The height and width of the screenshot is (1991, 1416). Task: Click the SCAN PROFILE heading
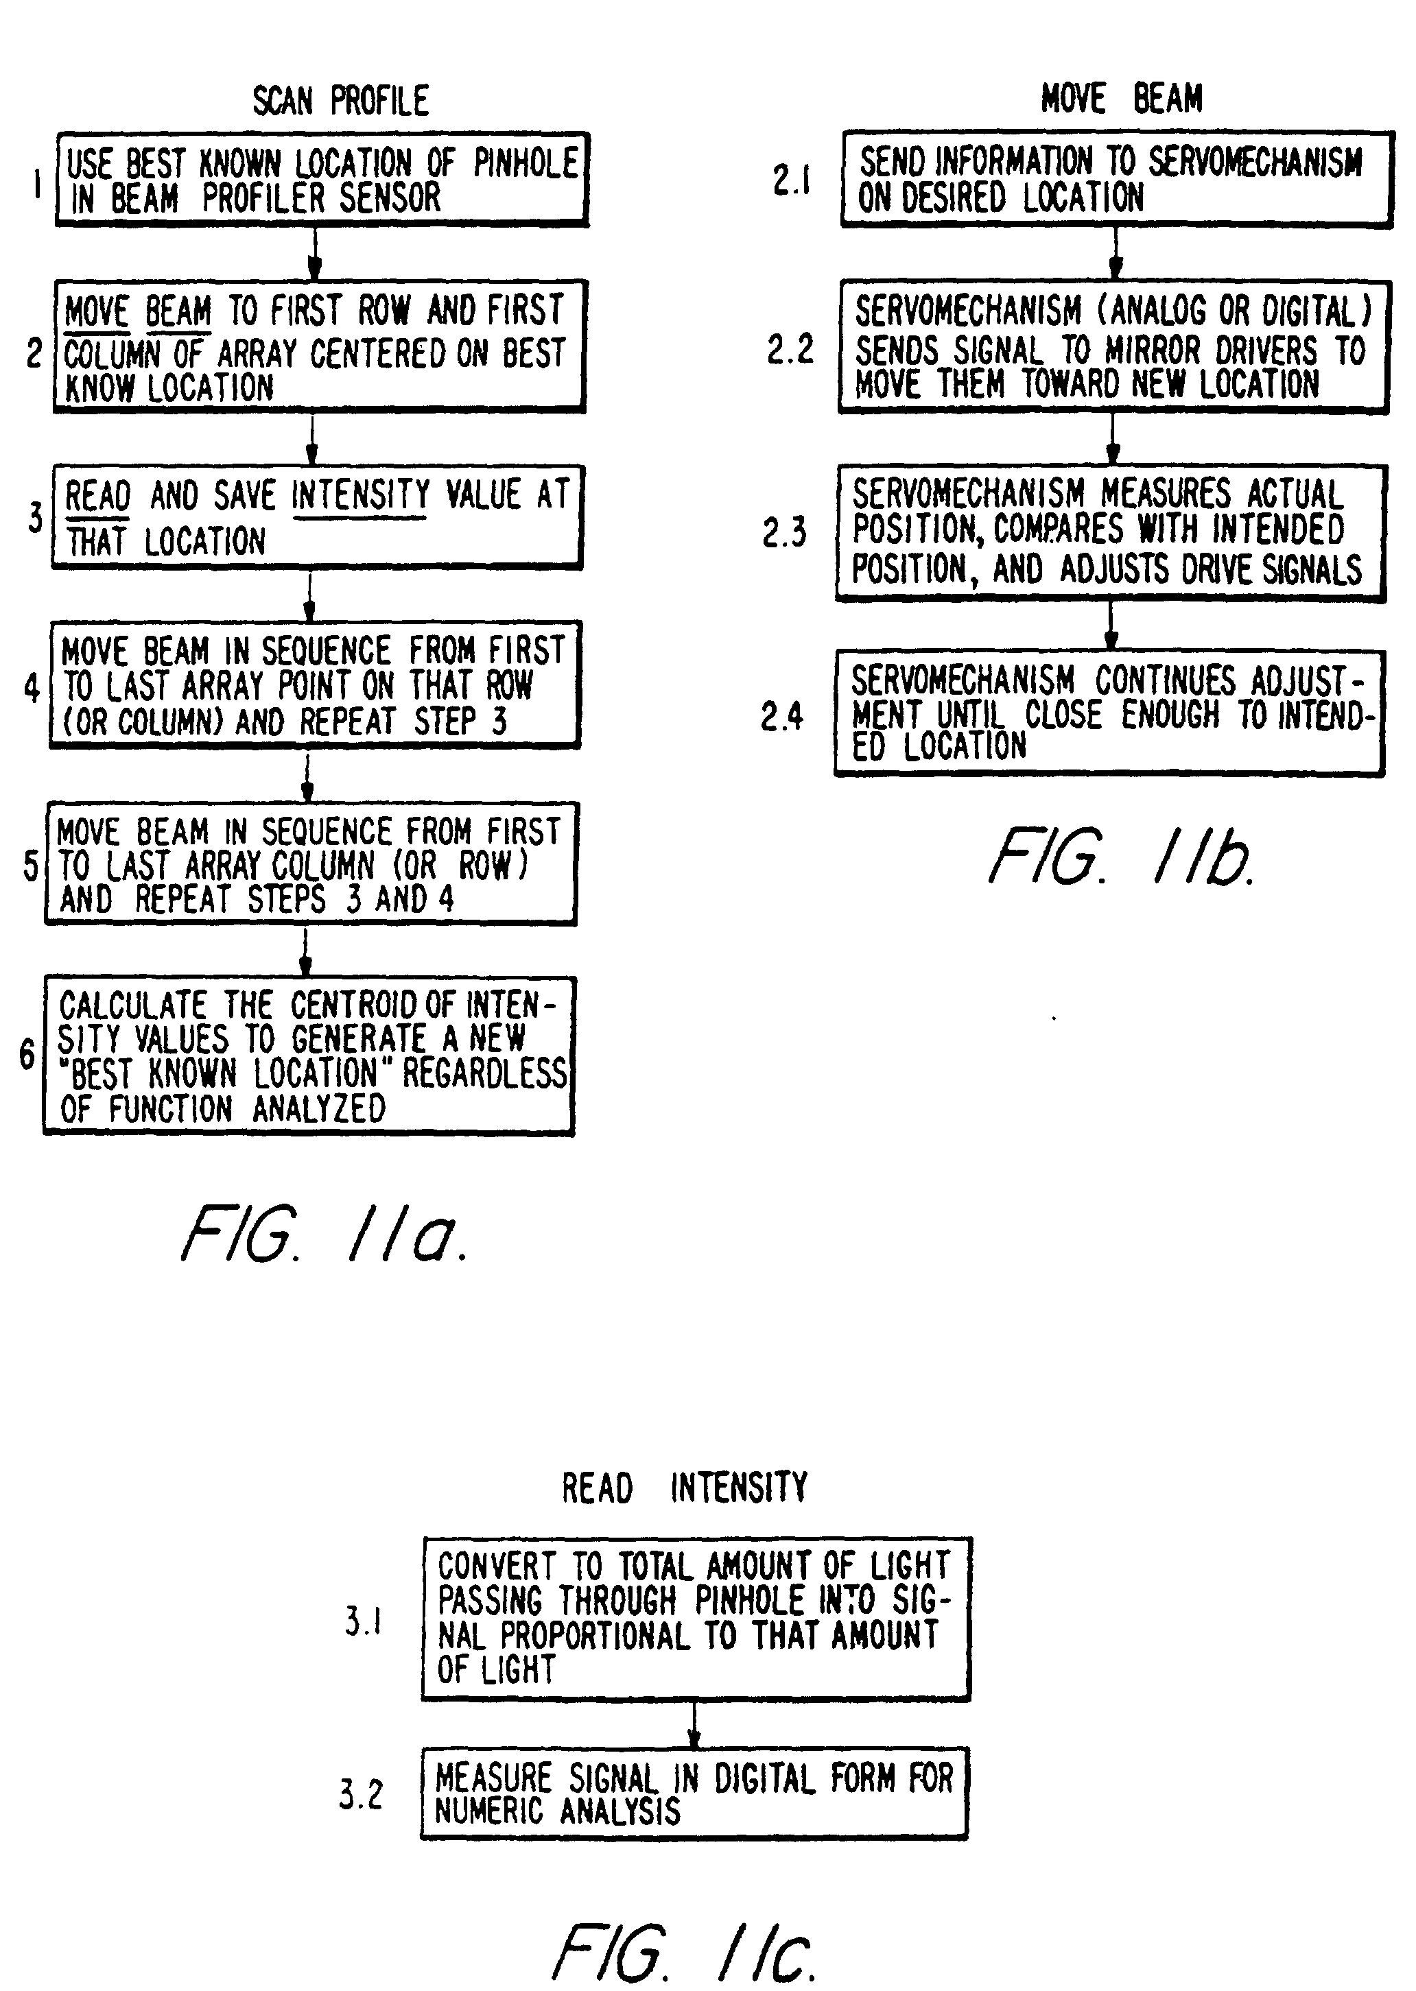(x=341, y=101)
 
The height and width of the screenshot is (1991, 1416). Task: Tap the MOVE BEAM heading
(x=1121, y=99)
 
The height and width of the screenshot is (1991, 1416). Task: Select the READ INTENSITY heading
(x=685, y=1488)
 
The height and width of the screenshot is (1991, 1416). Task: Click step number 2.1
(x=791, y=180)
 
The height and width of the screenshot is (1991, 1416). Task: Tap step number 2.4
(x=782, y=717)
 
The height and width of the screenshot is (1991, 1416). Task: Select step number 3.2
(x=361, y=1794)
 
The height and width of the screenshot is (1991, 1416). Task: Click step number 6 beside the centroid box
(x=27, y=1055)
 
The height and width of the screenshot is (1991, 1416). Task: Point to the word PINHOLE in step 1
(x=526, y=163)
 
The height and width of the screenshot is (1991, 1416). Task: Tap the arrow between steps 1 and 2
(x=315, y=254)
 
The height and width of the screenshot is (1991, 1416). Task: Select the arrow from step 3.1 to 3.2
(x=694, y=1724)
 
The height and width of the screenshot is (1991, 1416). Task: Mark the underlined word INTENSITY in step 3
(x=360, y=495)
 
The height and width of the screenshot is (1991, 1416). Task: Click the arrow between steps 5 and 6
(x=305, y=951)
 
